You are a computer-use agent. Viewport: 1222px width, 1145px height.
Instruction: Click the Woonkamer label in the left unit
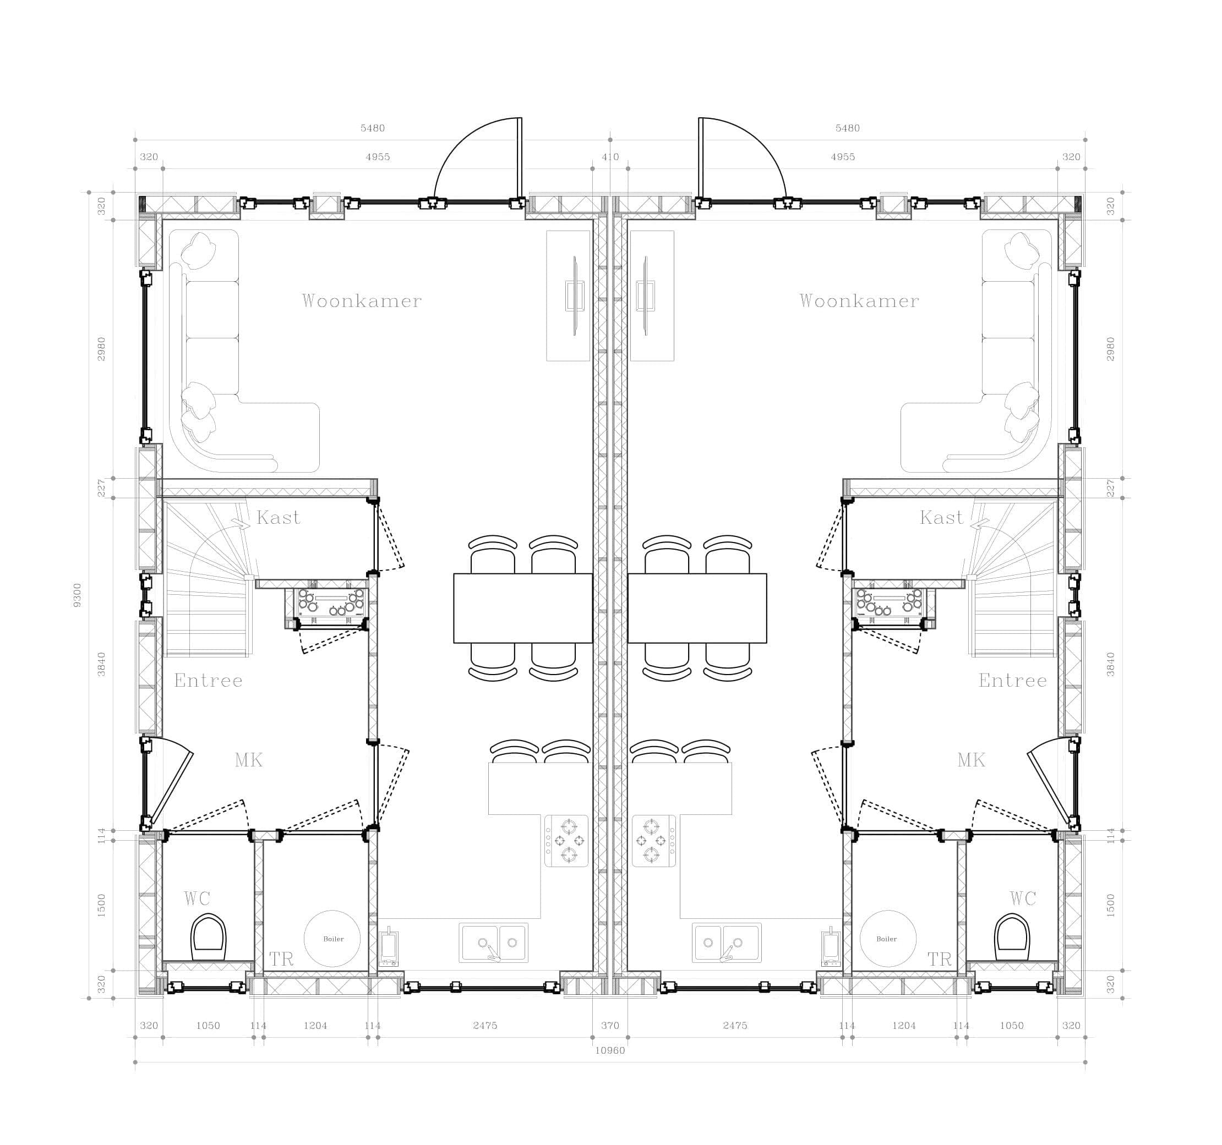[x=362, y=300]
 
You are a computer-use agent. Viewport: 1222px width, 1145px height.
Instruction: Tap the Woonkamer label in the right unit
[x=859, y=300]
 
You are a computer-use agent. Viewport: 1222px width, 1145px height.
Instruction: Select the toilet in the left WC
[x=209, y=938]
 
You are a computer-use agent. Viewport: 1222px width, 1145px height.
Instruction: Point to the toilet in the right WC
[x=1012, y=938]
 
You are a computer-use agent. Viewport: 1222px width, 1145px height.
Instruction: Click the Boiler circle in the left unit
[x=332, y=939]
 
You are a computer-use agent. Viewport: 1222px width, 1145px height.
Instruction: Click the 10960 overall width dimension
[x=610, y=1050]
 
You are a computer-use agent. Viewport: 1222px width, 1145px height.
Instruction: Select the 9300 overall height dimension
[x=77, y=595]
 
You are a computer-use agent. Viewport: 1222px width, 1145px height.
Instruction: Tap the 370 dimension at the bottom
[x=610, y=1025]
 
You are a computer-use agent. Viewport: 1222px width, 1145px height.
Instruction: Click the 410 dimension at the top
[x=610, y=157]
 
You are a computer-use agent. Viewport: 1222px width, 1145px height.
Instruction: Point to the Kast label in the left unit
[x=279, y=517]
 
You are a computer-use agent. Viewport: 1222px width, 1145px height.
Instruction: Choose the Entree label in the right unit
[x=1012, y=680]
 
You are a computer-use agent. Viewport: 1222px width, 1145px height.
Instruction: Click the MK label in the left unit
[x=248, y=760]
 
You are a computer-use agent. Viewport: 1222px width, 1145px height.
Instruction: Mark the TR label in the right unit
[x=939, y=959]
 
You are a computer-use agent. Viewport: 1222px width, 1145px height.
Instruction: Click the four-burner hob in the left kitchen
[x=566, y=841]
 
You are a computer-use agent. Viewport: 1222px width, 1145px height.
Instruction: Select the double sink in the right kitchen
[x=727, y=943]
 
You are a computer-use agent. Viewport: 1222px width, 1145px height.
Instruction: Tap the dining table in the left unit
[x=523, y=608]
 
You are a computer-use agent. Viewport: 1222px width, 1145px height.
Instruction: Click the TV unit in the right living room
[x=652, y=295]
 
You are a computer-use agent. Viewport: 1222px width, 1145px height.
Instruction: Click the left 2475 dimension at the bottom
[x=485, y=1025]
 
